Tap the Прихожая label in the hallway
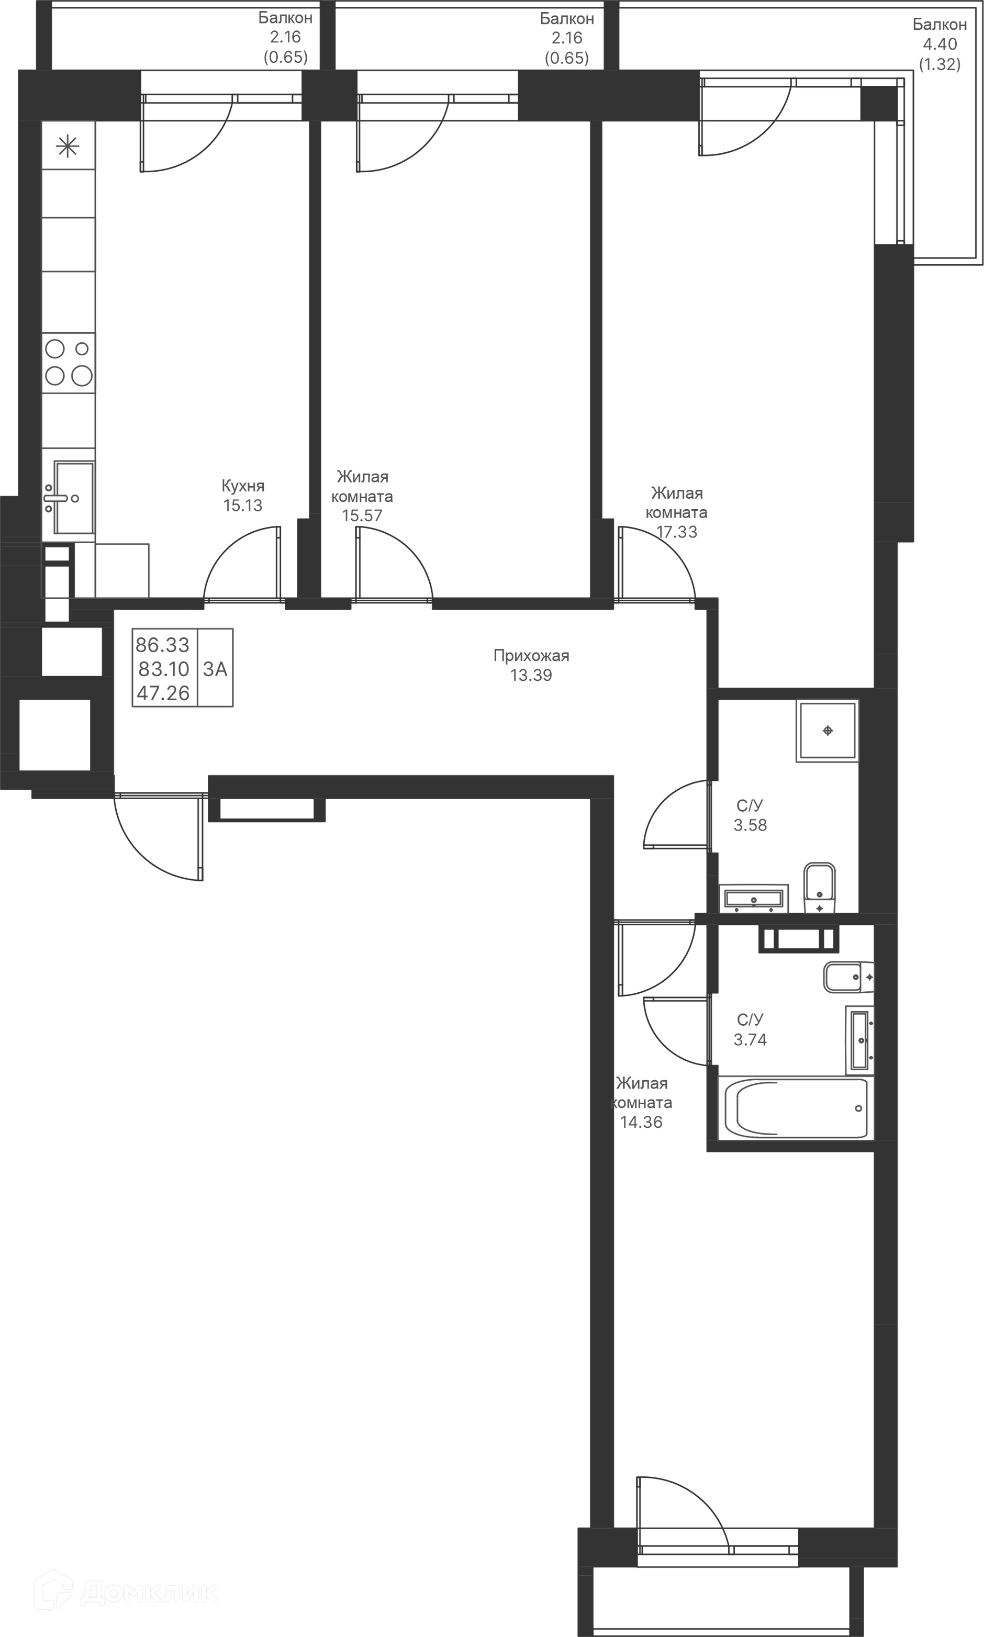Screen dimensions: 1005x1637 (x=531, y=656)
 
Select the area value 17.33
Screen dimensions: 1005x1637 (x=677, y=532)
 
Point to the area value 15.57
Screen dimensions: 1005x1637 (x=362, y=516)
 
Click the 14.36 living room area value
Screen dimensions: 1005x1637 (x=641, y=1122)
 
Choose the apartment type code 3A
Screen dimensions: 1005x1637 (x=215, y=669)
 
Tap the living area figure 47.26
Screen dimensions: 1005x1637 (x=163, y=693)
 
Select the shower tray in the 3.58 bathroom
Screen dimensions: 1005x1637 (x=828, y=731)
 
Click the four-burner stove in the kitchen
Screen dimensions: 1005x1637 (x=69, y=363)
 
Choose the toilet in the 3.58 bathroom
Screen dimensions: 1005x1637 (x=820, y=888)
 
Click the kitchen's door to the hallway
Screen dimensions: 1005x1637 (x=242, y=565)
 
